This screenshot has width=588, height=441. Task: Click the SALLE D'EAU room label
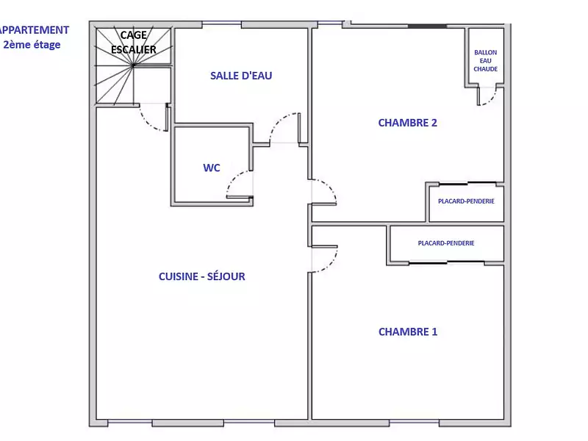[x=241, y=76]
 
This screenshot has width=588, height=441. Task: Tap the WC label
[x=212, y=168]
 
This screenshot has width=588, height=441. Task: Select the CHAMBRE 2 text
[x=407, y=123]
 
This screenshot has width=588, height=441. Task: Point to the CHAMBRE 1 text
[x=407, y=331]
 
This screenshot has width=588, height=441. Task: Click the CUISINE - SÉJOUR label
[x=201, y=276]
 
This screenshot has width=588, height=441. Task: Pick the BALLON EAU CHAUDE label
[x=485, y=61]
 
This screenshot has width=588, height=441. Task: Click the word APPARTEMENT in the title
[x=35, y=30]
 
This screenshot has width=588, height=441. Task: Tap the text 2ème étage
[x=32, y=44]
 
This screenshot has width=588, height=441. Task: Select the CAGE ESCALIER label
[x=133, y=43]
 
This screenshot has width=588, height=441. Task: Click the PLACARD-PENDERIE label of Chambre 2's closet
[x=466, y=201]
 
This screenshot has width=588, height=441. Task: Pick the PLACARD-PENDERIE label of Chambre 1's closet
[x=445, y=243]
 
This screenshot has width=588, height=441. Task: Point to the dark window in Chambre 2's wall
[x=427, y=26]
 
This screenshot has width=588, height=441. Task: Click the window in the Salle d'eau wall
[x=221, y=24]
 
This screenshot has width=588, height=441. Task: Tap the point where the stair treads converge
[x=133, y=66]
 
